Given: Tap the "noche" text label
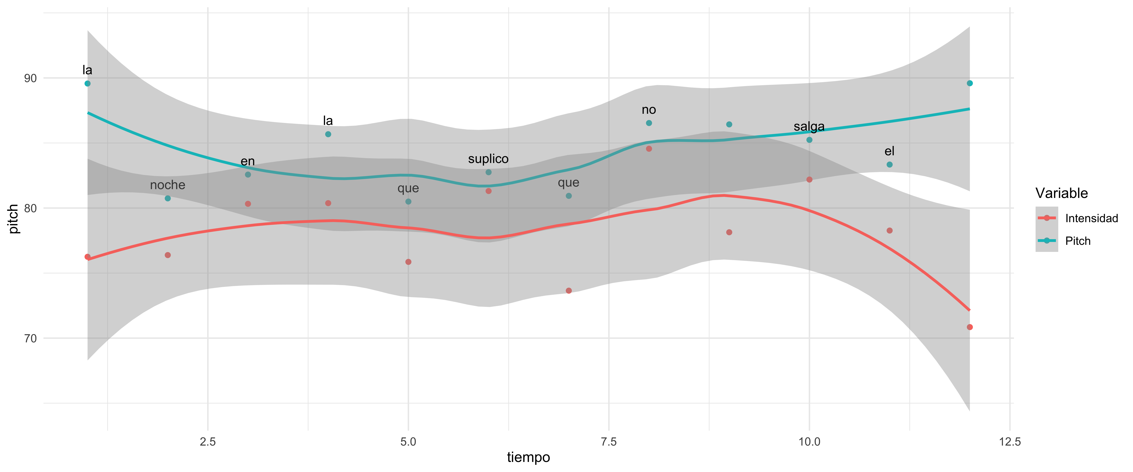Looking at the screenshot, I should pos(168,185).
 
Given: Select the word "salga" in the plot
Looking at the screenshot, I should pos(809,126).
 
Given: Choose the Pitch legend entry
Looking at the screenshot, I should pos(1078,241).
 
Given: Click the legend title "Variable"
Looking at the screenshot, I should pos(1061,193).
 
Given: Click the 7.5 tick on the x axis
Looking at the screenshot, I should pos(609,442).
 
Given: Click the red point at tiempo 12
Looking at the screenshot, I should pos(969,327).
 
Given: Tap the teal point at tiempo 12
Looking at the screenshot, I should pos(969,83).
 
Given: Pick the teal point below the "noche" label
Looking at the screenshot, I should pos(168,198).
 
